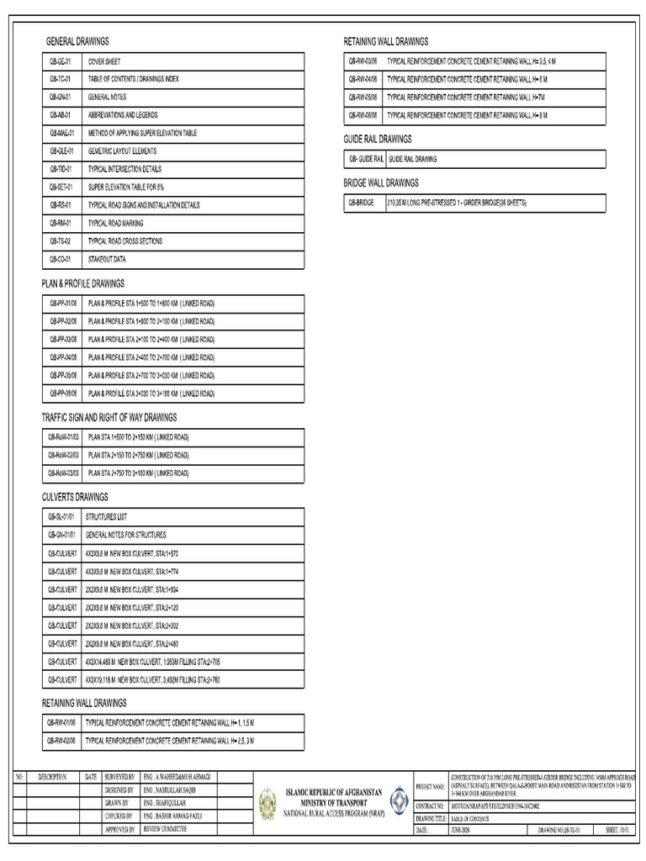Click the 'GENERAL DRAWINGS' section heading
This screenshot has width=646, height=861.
tap(77, 41)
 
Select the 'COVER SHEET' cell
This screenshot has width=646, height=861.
tap(104, 61)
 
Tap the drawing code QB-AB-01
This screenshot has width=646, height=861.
tap(60, 115)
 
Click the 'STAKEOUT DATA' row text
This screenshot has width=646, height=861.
tap(107, 259)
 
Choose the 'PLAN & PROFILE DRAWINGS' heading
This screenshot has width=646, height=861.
tap(83, 283)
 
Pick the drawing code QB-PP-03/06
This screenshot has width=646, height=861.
tap(62, 339)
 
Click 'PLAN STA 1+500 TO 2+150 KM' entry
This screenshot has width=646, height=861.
tap(138, 437)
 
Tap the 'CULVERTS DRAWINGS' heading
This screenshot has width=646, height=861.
tap(75, 497)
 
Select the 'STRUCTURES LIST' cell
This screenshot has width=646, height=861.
tap(106, 517)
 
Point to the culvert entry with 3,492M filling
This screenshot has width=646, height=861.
tap(152, 679)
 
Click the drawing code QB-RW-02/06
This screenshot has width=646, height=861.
tap(61, 741)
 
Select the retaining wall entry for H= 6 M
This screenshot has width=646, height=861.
tap(467, 79)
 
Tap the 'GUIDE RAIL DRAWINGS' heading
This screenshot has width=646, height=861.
tap(377, 139)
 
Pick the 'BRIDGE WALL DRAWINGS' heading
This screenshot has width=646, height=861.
tap(380, 182)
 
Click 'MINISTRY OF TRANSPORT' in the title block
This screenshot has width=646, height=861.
tap(334, 802)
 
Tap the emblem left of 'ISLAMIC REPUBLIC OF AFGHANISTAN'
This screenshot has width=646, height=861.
tap(267, 804)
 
